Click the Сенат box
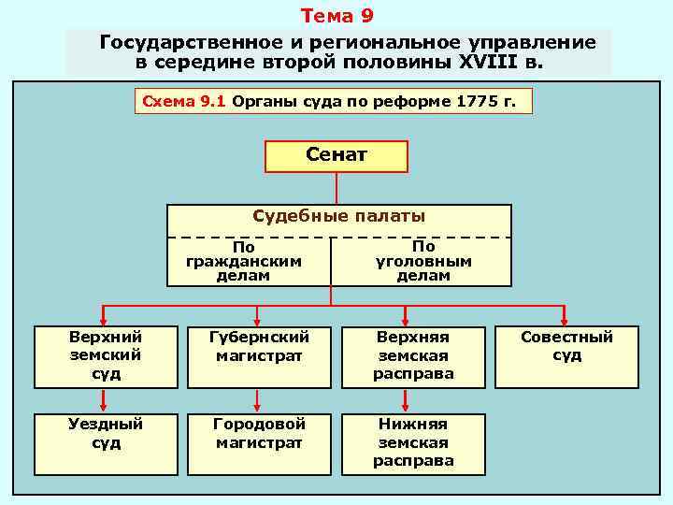(336, 156)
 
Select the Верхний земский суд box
(106, 356)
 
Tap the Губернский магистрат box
(259, 356)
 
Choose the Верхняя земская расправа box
(414, 356)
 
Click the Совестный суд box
(566, 356)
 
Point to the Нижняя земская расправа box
(414, 441)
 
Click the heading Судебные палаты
(339, 217)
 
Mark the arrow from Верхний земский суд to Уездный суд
(105, 400)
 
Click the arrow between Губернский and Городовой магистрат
(259, 400)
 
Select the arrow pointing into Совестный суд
(565, 315)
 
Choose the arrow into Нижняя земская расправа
(404, 400)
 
